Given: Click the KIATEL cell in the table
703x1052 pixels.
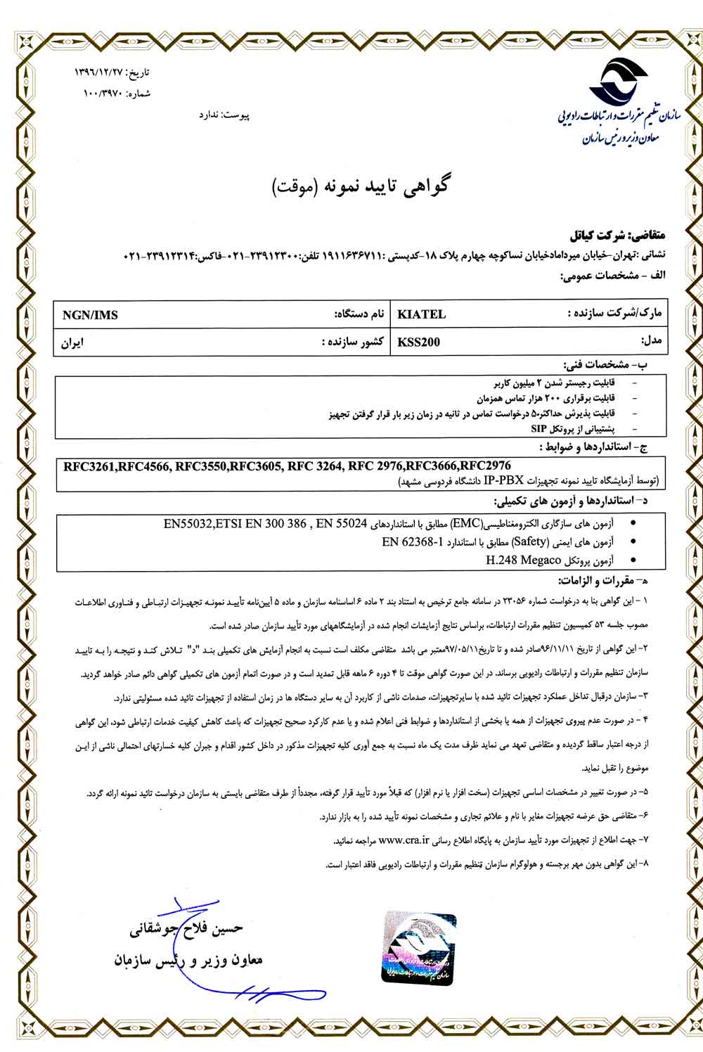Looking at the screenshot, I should coord(422,314).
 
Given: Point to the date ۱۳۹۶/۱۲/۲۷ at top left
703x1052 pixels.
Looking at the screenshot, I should coord(106,73).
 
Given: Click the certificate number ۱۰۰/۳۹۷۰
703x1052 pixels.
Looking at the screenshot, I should coord(103,93).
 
